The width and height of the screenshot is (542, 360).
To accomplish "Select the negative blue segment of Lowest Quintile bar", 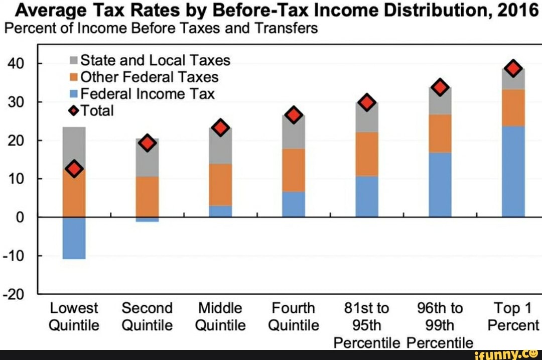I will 74,238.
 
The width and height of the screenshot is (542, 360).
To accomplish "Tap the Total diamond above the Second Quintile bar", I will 148,143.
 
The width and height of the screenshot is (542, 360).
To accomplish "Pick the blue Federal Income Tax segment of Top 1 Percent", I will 513,171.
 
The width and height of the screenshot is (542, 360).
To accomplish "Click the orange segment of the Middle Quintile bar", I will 220,184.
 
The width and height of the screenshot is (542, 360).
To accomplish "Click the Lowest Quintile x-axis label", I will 74,316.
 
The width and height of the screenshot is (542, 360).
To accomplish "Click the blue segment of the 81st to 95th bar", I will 367,196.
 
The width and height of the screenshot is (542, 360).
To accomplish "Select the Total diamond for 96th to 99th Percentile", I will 440,87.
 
